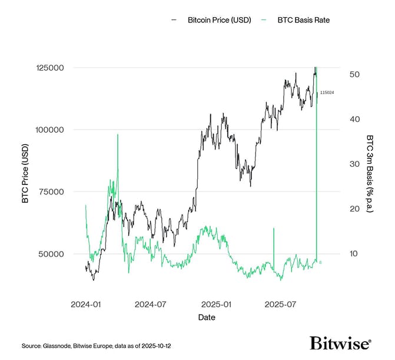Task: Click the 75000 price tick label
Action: (x=49, y=191)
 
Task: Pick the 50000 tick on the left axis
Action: (x=49, y=254)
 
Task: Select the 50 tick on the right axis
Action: (x=354, y=74)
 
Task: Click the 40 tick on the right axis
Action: (x=354, y=119)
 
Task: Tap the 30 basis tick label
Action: (x=354, y=164)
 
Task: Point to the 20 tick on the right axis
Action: (x=354, y=209)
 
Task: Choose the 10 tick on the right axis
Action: (x=354, y=254)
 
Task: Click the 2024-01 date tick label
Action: (x=87, y=305)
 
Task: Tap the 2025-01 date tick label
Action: (x=217, y=305)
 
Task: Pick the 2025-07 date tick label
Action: (x=281, y=305)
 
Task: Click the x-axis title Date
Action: (x=207, y=318)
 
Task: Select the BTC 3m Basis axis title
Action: (x=370, y=173)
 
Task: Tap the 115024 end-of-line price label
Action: (x=327, y=93)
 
